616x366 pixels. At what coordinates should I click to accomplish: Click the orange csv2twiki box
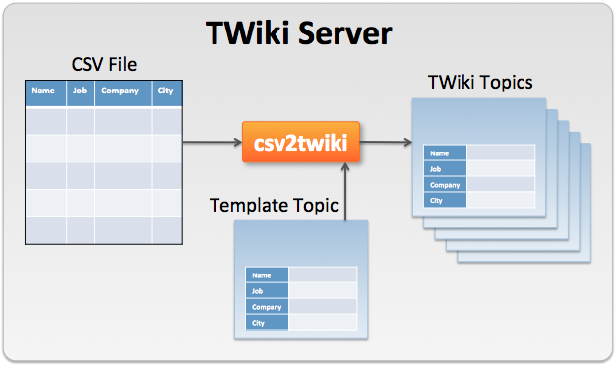coord(299,143)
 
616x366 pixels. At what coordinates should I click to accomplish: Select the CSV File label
coord(104,65)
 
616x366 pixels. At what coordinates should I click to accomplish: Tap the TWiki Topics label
coord(480,82)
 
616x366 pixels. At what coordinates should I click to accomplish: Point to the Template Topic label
coord(274,206)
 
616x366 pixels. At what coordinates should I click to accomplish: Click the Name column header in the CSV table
coord(44,92)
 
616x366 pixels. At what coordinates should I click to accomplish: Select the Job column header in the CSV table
coord(80,92)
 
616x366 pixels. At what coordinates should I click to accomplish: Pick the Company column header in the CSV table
coord(120,92)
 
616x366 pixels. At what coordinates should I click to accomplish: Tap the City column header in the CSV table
coord(165,92)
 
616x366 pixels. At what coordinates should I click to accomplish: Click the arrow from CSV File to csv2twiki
coord(212,144)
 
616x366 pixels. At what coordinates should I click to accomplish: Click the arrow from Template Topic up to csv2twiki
coord(346,192)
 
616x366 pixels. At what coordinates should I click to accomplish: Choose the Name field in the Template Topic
coord(268,276)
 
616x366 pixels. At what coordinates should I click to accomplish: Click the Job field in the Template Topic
coord(268,291)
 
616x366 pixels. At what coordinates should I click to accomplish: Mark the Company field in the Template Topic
coord(268,307)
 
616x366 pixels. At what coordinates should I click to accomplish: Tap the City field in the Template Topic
coord(268,323)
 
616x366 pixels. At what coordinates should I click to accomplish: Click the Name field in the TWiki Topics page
coord(446,153)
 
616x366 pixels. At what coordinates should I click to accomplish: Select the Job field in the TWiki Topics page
coord(446,169)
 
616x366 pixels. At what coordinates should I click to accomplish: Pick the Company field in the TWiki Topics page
coord(446,185)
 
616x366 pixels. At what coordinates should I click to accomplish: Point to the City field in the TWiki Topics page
coord(446,200)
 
